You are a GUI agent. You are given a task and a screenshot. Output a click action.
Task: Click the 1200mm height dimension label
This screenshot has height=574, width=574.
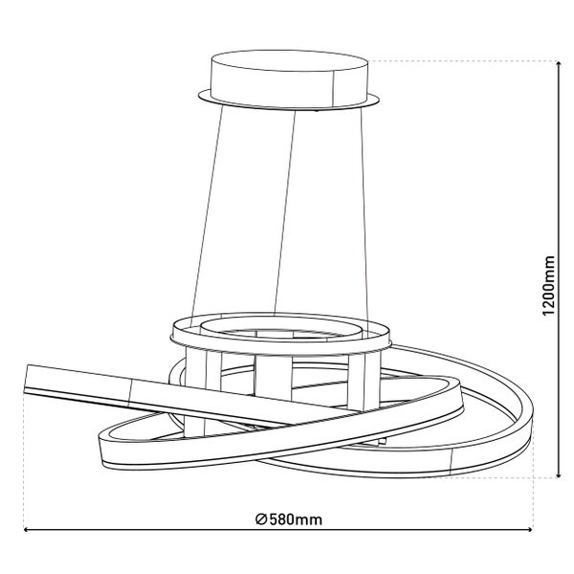549,285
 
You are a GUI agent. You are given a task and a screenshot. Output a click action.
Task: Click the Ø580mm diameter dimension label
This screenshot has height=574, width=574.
289,519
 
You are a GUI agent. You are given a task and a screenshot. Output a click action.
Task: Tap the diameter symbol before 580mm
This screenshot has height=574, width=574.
261,519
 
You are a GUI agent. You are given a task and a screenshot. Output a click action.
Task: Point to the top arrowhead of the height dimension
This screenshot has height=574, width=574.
559,64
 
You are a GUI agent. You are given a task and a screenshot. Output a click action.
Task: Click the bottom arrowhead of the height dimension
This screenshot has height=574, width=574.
559,475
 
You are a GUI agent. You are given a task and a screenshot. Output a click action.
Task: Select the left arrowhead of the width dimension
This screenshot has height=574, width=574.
27,529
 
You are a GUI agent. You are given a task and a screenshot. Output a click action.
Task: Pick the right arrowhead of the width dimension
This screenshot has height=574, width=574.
529,529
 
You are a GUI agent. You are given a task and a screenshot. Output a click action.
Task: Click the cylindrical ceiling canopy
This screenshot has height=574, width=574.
289,78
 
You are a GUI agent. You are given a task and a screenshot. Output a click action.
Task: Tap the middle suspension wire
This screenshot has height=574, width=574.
285,212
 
